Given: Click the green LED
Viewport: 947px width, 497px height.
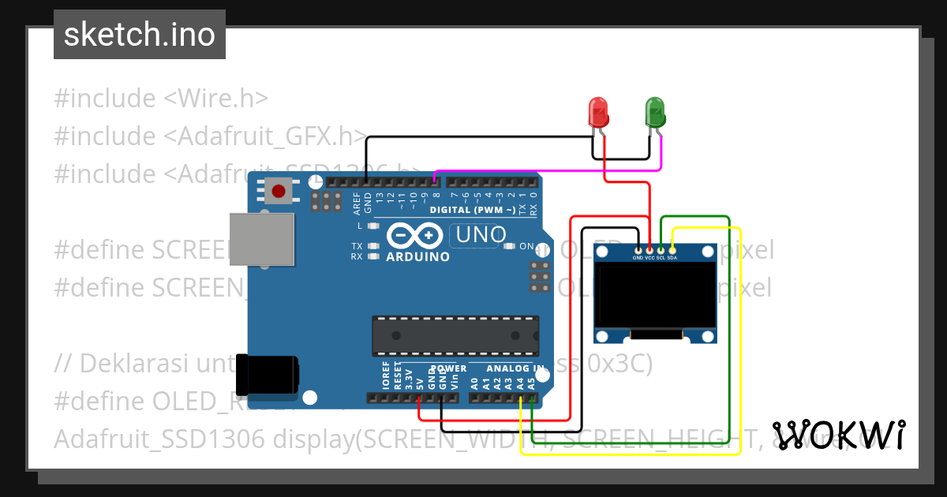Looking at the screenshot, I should point(655,112).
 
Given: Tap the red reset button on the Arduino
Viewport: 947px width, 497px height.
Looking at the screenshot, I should point(279,191).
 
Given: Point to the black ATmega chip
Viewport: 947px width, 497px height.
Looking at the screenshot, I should point(455,334).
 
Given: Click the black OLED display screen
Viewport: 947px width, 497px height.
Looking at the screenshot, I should point(655,296).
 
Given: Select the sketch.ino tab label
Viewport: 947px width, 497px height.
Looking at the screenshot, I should point(140,35).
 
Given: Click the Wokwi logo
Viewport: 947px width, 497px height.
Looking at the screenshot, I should point(838,435).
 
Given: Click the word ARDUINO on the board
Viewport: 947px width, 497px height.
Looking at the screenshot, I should point(418,256).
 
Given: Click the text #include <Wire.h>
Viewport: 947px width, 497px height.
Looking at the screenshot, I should point(162,99).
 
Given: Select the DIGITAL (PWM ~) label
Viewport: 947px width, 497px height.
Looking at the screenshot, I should point(472,210).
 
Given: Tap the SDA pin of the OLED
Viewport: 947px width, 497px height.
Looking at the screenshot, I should point(672,250).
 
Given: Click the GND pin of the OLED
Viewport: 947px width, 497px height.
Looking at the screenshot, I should point(638,250).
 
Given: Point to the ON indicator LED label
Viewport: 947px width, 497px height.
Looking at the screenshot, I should point(526,246).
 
